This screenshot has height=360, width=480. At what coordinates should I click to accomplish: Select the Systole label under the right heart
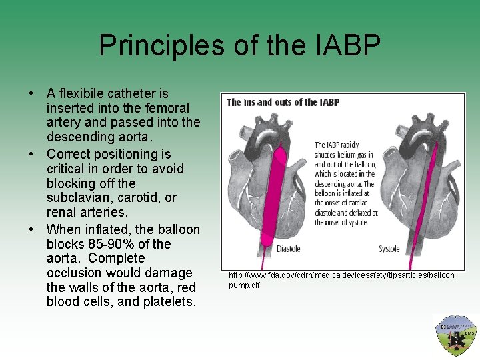[389, 249]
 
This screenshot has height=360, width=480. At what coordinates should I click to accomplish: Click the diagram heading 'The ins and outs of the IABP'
[283, 102]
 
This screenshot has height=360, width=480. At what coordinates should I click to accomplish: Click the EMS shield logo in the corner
[456, 335]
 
